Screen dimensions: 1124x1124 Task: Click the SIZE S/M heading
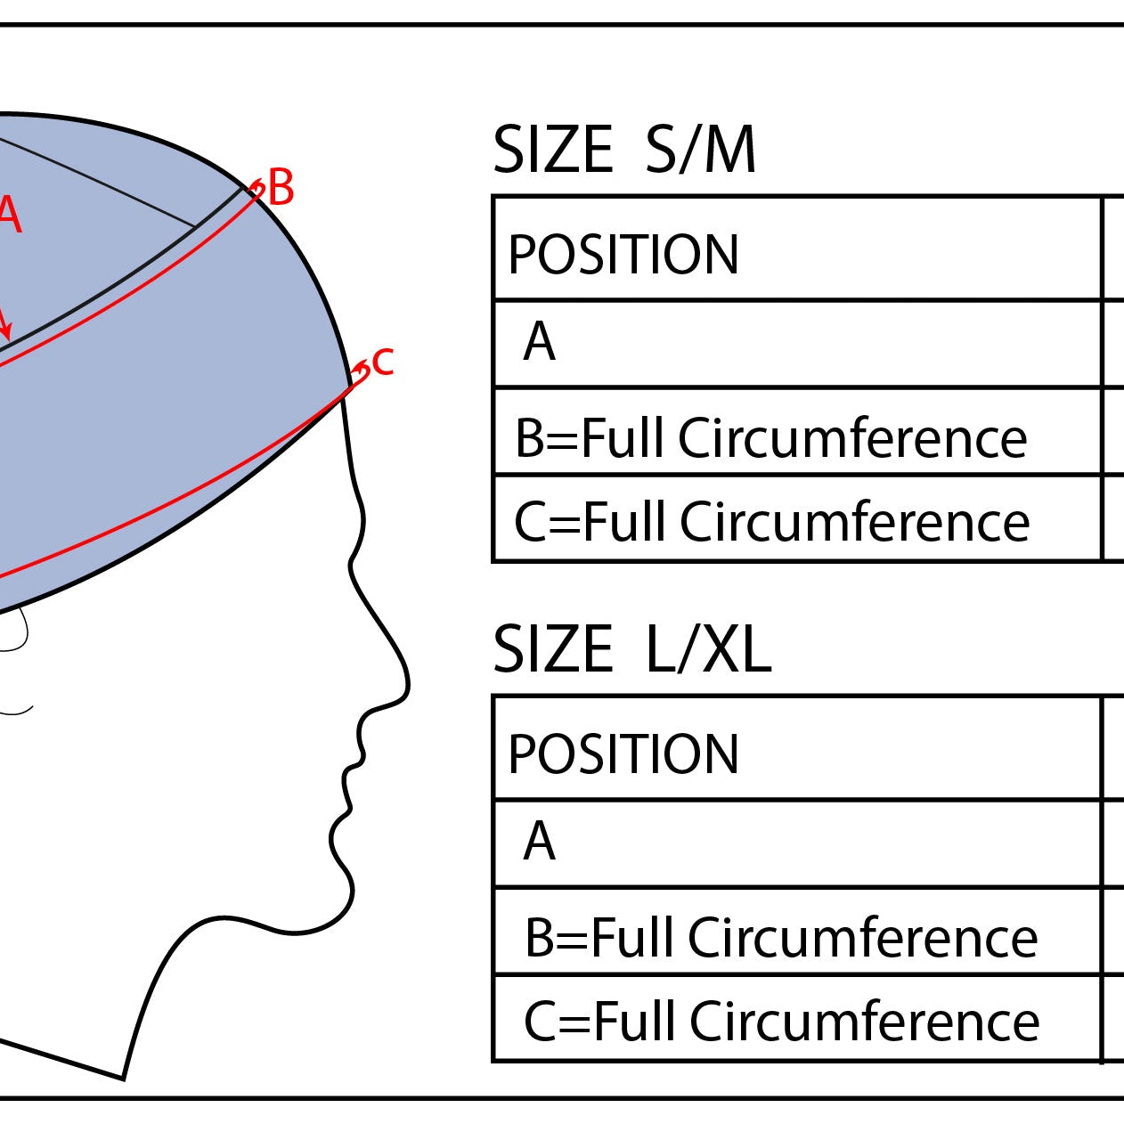click(624, 150)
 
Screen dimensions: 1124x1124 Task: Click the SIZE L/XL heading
click(631, 649)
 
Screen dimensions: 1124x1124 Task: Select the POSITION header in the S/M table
click(623, 255)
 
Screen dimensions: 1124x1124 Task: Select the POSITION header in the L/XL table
click(623, 754)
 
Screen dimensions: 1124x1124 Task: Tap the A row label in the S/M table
click(540, 342)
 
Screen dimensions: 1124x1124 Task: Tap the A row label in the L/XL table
click(540, 842)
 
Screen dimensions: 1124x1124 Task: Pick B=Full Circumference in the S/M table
click(770, 438)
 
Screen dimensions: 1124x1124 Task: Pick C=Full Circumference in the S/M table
click(771, 522)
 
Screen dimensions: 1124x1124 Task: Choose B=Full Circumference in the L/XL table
click(781, 938)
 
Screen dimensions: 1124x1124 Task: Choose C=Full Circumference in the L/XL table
click(781, 1022)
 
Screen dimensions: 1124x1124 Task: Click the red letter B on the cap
click(281, 189)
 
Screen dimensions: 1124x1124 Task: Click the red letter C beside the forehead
click(383, 362)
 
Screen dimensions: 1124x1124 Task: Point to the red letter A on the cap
click(9, 215)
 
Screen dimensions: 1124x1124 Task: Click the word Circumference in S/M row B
click(852, 438)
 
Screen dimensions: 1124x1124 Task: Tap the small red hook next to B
click(257, 188)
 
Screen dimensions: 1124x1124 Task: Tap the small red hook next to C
click(362, 369)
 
